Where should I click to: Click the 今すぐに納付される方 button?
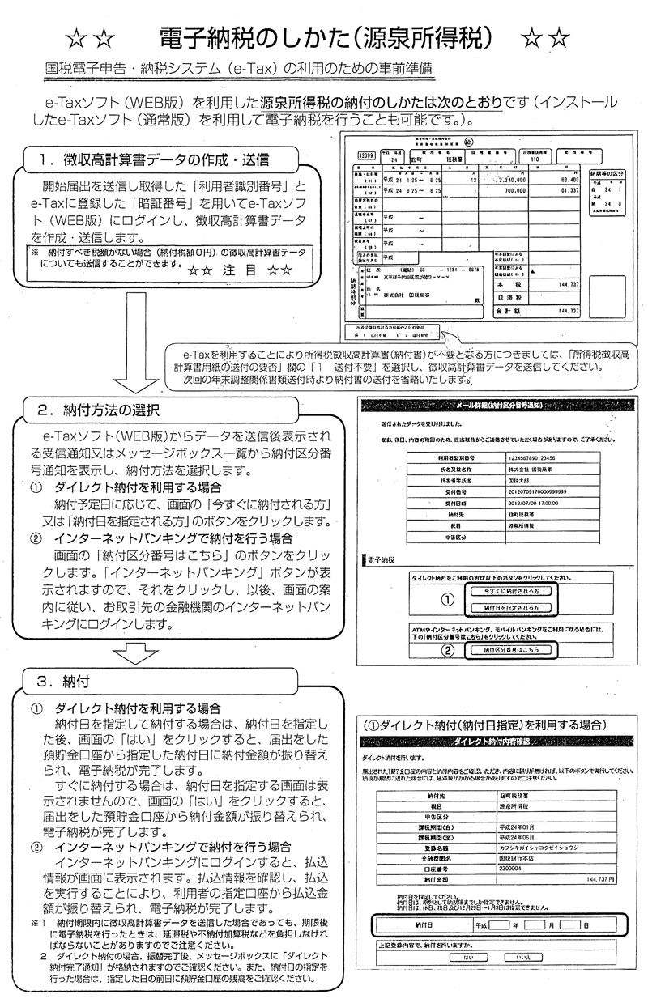[x=505, y=591]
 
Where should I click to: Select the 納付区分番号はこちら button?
[x=505, y=649]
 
